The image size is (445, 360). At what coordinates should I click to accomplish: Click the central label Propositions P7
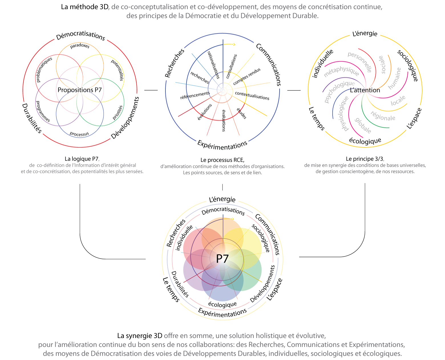coord(80,90)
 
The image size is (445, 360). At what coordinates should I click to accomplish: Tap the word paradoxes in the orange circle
coord(80,46)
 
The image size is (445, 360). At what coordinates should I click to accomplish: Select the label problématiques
coord(44,69)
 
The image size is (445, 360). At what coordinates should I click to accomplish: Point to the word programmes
coord(43,111)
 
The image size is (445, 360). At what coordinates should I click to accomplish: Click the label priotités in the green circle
coord(118,112)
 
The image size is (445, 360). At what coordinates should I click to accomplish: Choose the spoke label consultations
coord(231,66)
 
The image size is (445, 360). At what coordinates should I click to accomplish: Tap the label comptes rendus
coord(247,76)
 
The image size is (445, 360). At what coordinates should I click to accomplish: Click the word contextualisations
coord(252,96)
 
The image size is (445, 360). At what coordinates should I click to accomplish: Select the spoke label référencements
coord(195,95)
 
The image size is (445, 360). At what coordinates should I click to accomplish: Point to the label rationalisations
coord(213,65)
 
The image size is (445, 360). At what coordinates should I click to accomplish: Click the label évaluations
coord(224,121)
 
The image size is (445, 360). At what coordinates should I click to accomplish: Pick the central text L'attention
coord(365,90)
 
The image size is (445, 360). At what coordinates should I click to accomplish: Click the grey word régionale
coord(383,116)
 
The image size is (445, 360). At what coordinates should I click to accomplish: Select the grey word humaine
coord(395,79)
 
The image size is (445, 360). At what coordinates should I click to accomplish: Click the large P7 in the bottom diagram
coord(222,259)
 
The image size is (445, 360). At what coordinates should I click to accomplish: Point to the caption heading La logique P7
coord(82,159)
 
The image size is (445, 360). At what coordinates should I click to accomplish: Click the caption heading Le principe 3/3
coord(365,159)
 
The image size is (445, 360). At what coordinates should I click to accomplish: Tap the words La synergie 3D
coord(139,335)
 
